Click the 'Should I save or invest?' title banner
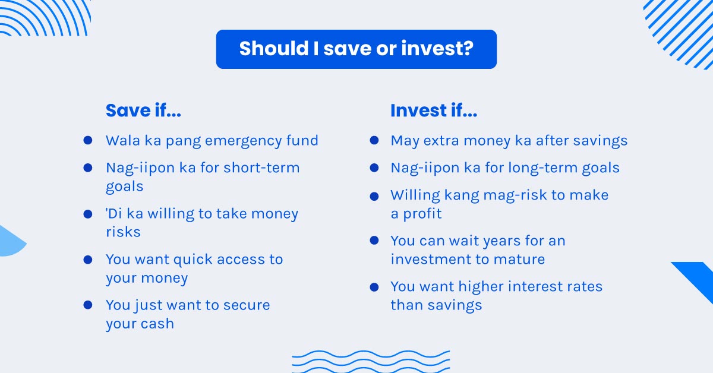pos(356,49)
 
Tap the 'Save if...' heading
pos(143,110)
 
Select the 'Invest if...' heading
pos(434,110)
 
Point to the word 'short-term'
pos(261,167)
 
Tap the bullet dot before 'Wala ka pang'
pos(88,140)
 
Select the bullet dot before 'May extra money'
pos(374,140)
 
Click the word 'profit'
pos(422,214)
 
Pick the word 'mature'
pos(519,260)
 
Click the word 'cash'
pos(157,324)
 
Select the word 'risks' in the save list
pos(123,232)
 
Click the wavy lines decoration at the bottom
pos(371,362)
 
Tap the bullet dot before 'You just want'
pos(88,305)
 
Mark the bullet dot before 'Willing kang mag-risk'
pos(374,197)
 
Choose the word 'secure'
pos(247,305)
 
